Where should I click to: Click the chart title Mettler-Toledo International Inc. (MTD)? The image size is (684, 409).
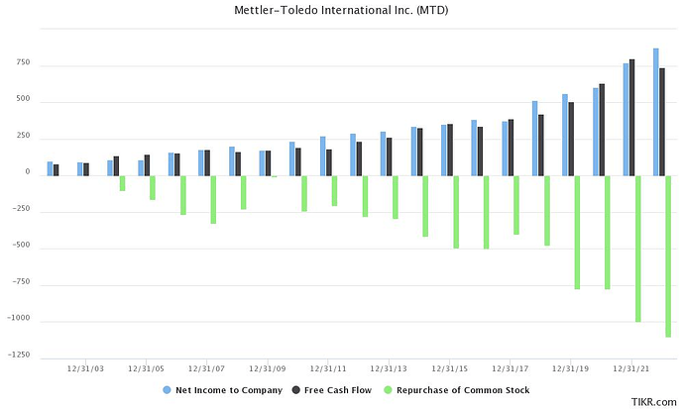(342, 11)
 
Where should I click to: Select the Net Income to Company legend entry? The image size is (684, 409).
(229, 390)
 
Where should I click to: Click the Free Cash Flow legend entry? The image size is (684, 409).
(338, 390)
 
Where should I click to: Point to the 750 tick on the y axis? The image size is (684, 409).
(21, 63)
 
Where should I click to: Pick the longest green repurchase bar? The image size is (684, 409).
(669, 256)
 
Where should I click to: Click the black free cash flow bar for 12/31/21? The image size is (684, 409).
(632, 117)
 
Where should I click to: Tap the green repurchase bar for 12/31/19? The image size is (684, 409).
(578, 232)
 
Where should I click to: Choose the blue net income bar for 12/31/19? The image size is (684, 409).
(565, 135)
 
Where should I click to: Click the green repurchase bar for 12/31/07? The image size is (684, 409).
(213, 199)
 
